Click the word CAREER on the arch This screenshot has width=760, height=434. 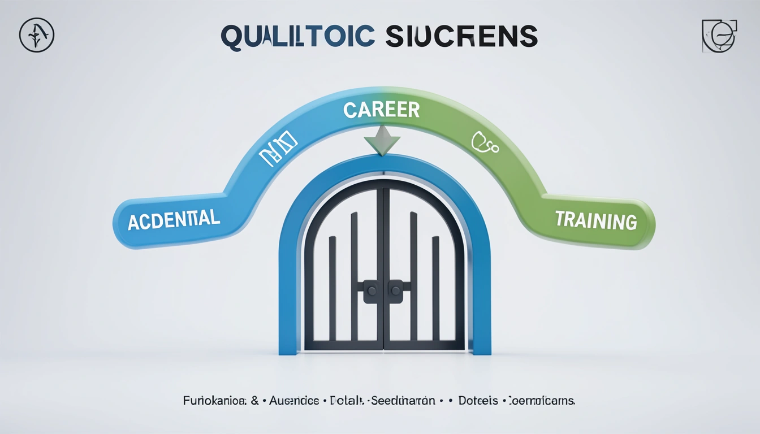tap(382, 110)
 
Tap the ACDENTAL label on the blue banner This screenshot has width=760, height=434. tap(174, 219)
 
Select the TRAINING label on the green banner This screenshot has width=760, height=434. tap(596, 220)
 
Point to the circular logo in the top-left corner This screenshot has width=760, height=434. tap(37, 35)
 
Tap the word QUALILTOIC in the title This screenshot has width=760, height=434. tap(297, 37)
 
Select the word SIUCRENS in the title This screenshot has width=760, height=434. tap(461, 37)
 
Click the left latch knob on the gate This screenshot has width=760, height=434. tap(372, 291)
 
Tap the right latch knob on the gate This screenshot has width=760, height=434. tap(395, 291)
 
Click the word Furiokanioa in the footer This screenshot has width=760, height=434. tap(214, 401)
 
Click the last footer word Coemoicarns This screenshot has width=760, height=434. tap(542, 401)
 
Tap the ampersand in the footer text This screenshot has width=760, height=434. tap(255, 401)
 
